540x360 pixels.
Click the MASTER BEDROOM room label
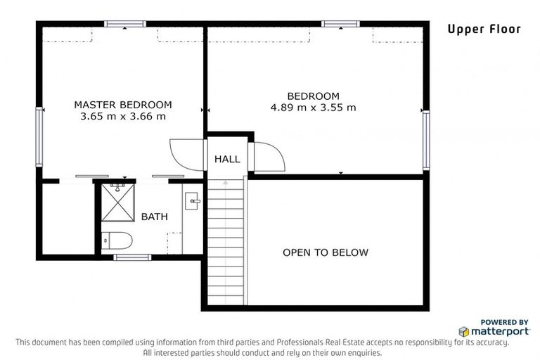click(123, 104)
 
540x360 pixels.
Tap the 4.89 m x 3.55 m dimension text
click(313, 108)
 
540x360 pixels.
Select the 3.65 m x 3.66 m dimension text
click(123, 116)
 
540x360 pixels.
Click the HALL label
click(227, 159)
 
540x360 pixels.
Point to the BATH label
click(155, 217)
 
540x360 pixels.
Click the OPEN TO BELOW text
click(326, 252)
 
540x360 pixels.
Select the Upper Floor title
click(484, 30)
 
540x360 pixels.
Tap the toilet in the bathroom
click(117, 240)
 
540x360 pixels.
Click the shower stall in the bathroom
click(118, 202)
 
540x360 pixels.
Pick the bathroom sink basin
click(192, 201)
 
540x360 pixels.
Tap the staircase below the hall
click(226, 242)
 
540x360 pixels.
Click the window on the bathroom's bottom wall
click(132, 257)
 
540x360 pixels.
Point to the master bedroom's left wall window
click(39, 137)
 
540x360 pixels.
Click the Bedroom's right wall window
click(426, 140)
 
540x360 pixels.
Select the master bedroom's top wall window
click(125, 24)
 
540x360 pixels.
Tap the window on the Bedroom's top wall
click(340, 24)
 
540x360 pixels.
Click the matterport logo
click(494, 331)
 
